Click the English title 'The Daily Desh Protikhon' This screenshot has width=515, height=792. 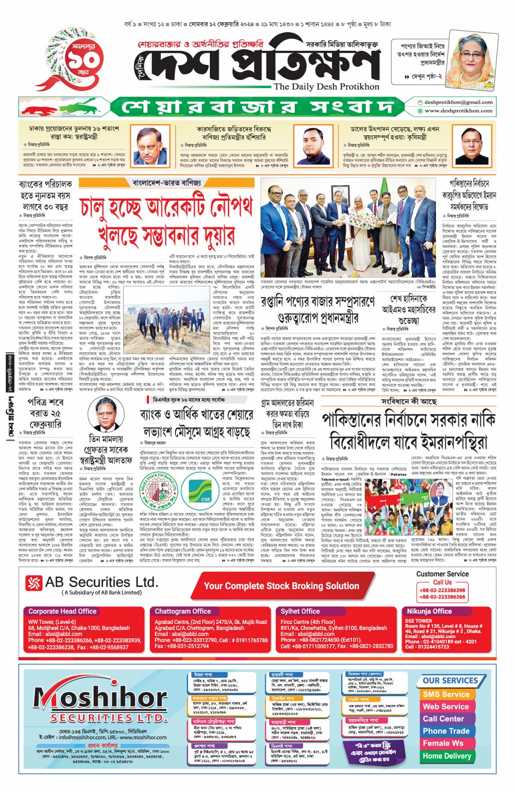click(326, 87)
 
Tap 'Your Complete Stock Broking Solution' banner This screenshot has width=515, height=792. click(281, 586)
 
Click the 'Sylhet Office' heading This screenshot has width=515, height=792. click(300, 611)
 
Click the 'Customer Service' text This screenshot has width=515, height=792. click(442, 574)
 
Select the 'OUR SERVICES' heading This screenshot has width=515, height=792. click(450, 681)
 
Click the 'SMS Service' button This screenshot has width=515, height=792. click(446, 694)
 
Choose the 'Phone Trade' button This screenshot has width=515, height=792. click(446, 731)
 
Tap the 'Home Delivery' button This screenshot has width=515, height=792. click(446, 756)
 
